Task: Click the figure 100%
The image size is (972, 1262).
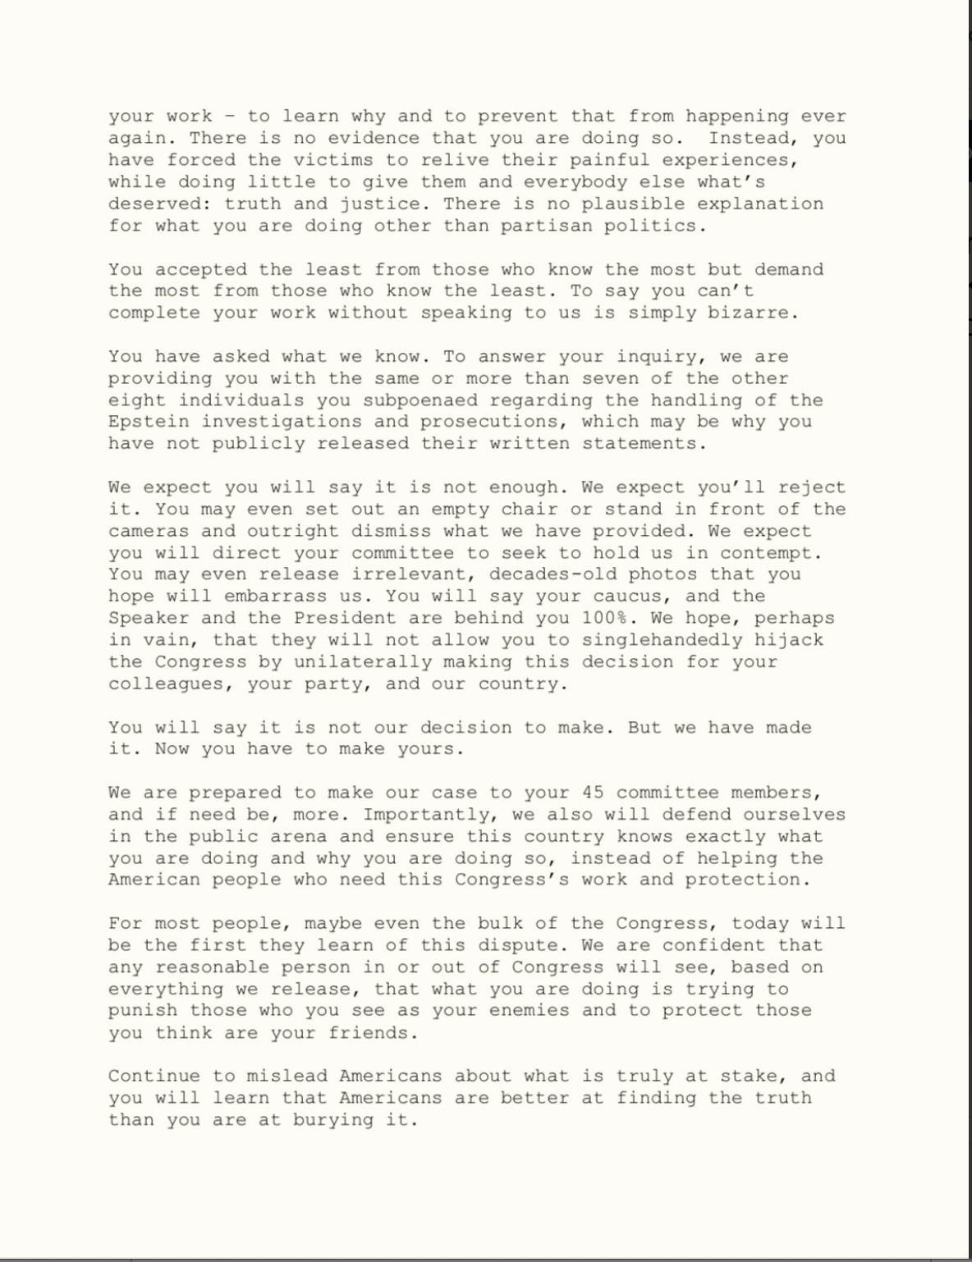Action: pos(605,618)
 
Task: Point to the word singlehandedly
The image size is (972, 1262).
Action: pos(663,640)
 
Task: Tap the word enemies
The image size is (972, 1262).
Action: pos(530,1011)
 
